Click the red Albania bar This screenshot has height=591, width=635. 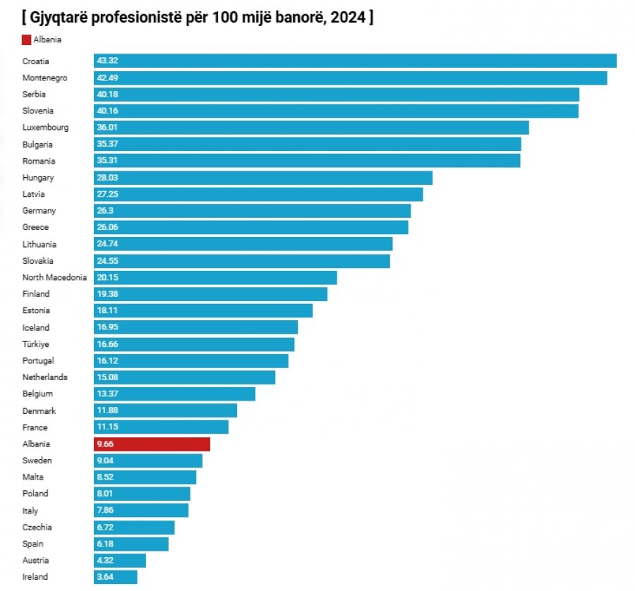[152, 444]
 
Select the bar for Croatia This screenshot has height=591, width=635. [355, 61]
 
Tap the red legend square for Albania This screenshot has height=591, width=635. [26, 39]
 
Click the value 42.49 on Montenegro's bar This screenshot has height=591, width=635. [107, 78]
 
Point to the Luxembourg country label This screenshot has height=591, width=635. [45, 128]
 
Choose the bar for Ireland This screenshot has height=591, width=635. [116, 577]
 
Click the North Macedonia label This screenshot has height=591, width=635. [54, 277]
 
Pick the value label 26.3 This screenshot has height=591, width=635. [105, 210]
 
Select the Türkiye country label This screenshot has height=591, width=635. [36, 344]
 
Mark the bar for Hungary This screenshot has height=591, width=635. [263, 178]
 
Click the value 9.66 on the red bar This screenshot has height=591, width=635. [105, 444]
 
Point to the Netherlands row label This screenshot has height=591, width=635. [45, 377]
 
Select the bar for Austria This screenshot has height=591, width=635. [120, 560]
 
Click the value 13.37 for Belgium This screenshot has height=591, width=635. [107, 394]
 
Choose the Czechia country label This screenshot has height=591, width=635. [37, 528]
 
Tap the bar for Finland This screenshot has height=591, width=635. [210, 294]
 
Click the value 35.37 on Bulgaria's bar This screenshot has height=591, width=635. [107, 144]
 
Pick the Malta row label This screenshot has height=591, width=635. [32, 477]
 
